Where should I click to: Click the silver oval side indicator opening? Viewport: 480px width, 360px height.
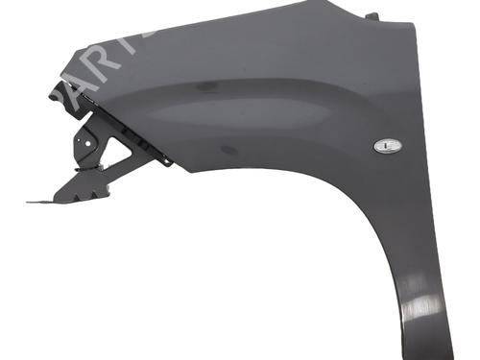[388, 146]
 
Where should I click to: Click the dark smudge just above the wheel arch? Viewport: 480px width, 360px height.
[228, 151]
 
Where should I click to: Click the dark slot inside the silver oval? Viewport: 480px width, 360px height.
[388, 146]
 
